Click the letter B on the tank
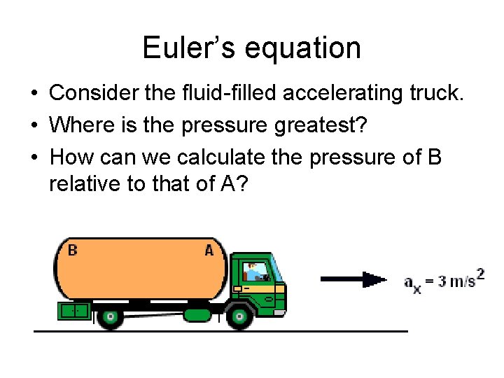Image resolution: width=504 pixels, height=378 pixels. [x=72, y=249]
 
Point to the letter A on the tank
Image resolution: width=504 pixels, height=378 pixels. [x=209, y=249]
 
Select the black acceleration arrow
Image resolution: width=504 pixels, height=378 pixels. [x=353, y=279]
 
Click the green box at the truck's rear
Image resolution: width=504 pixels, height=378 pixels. [x=73, y=310]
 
